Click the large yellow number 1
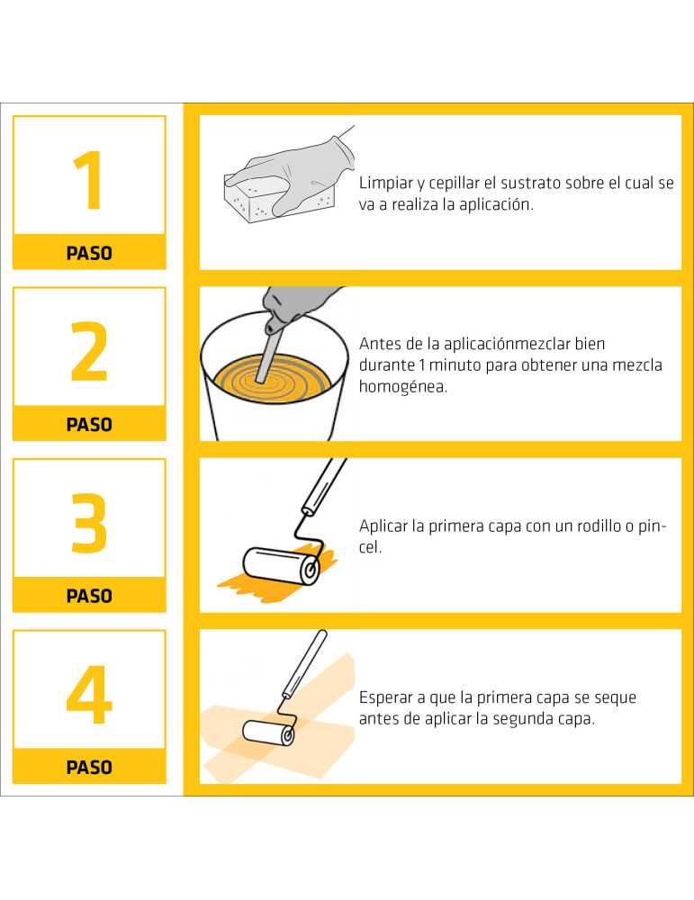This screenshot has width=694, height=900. point(90,180)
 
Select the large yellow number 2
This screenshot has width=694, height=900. point(89,351)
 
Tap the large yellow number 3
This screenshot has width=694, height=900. point(89,523)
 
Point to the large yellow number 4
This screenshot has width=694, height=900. point(89,695)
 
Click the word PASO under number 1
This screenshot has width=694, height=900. point(89,253)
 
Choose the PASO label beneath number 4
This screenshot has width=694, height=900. point(89,768)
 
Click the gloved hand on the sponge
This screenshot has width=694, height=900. point(293,169)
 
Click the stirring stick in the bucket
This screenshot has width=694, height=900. point(268,351)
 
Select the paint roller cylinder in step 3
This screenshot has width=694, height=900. point(281,566)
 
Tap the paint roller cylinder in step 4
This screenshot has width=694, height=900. point(268,733)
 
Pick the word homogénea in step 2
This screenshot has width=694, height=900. point(403,387)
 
